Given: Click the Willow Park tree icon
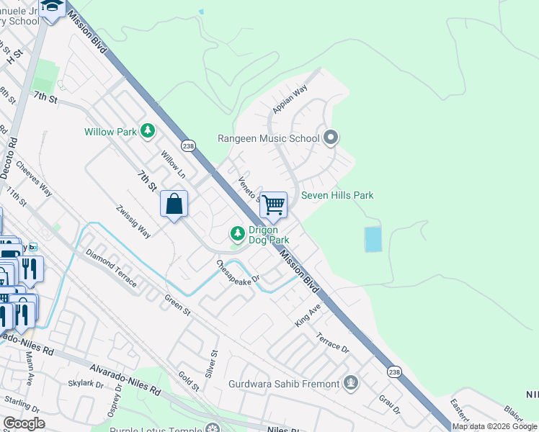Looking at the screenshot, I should tap(148, 131).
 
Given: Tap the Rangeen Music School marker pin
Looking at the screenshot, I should tap(331, 138).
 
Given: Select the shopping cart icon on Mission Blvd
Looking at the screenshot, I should tap(273, 204).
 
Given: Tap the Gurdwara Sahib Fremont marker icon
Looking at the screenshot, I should tap(351, 383).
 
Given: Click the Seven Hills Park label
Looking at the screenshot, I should tap(338, 195).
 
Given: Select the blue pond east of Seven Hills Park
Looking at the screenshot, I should tap(373, 239).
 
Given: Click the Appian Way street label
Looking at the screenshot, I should tap(290, 99).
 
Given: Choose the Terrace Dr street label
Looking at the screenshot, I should tap(332, 342).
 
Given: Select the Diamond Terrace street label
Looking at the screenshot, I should tap(111, 269).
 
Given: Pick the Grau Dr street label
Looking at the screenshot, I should tap(390, 404).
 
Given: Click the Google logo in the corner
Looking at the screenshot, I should tap(24, 423).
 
